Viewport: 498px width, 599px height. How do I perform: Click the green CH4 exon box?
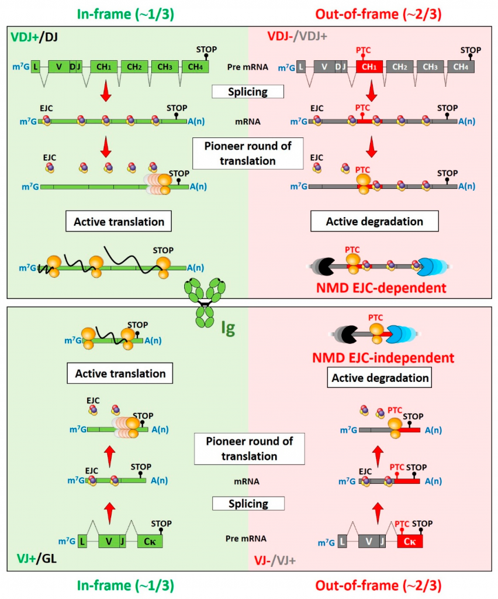click(195, 67)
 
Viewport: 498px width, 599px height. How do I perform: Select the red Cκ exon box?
click(409, 542)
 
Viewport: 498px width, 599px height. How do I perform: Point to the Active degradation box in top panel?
click(366, 221)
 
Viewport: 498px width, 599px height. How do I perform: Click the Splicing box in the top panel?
click(247, 92)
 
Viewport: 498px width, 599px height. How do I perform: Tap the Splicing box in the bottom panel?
click(247, 503)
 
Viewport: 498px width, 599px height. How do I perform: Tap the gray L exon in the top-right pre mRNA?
click(301, 67)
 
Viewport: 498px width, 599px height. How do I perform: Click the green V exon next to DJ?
click(58, 67)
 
